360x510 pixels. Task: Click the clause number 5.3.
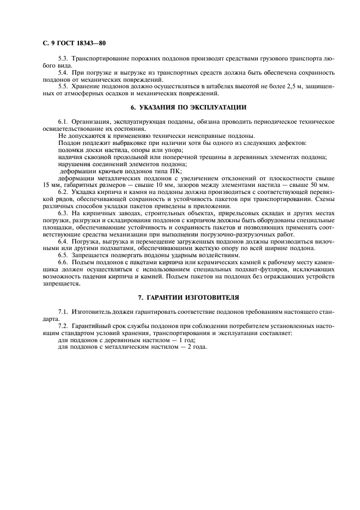click(x=63, y=58)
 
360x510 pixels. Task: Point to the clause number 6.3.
click(x=63, y=214)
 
